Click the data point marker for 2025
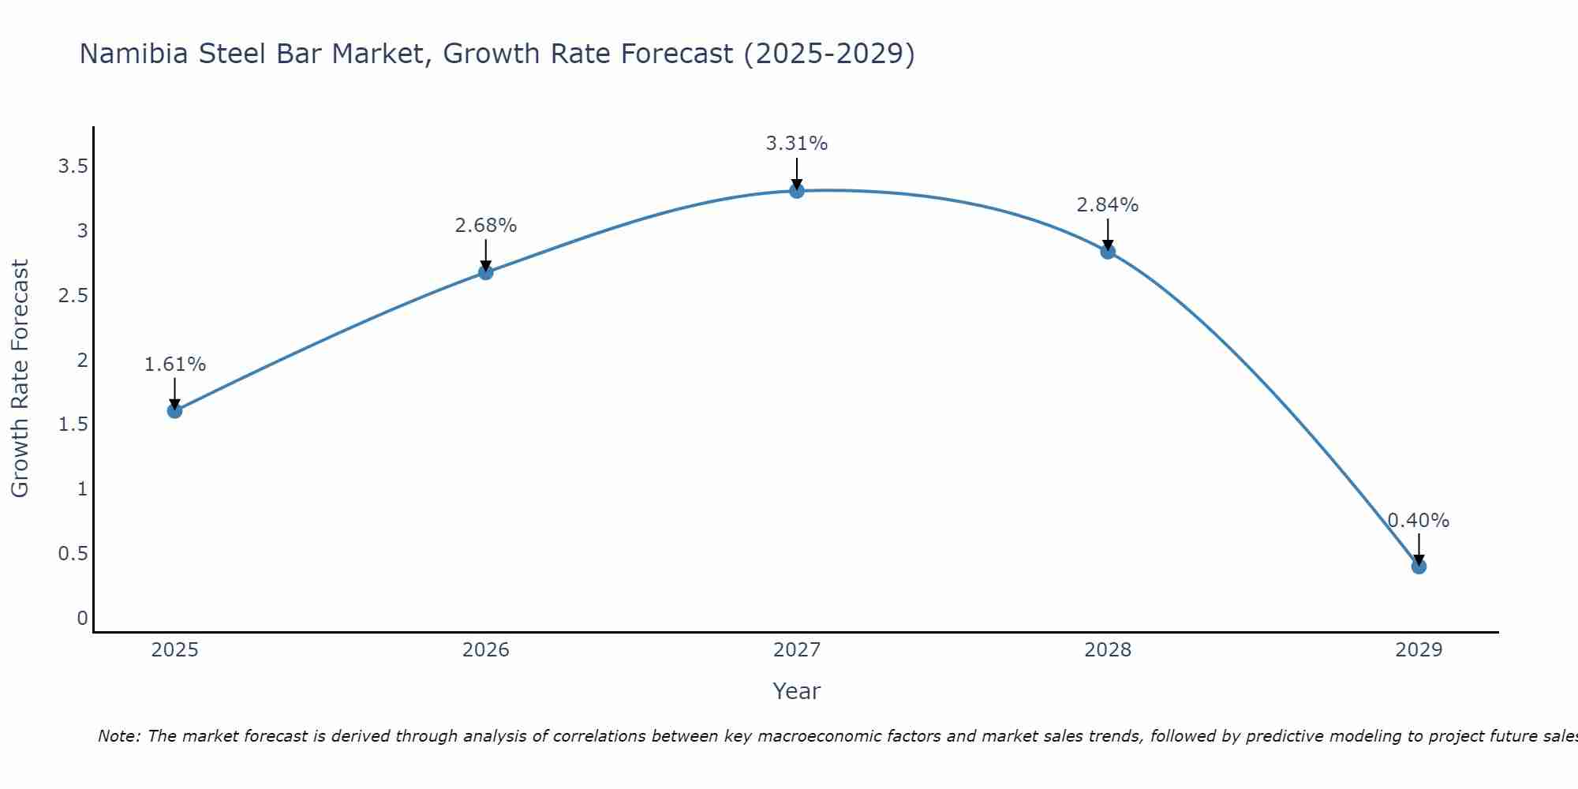tap(174, 410)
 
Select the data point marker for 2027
tap(797, 190)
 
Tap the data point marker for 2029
tap(1419, 566)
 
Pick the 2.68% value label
tap(485, 226)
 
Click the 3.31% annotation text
tap(797, 144)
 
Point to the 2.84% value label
tap(1108, 205)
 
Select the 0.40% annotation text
tap(1419, 521)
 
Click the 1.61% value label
tap(174, 365)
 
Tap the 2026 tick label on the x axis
tap(485, 650)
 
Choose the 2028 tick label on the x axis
tap(1108, 650)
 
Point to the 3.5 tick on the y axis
tap(73, 166)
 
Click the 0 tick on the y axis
tap(82, 618)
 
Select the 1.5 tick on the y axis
tap(73, 424)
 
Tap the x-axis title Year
tap(797, 691)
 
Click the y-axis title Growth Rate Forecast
tap(20, 379)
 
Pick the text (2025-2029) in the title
tap(829, 54)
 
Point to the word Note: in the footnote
tap(119, 736)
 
